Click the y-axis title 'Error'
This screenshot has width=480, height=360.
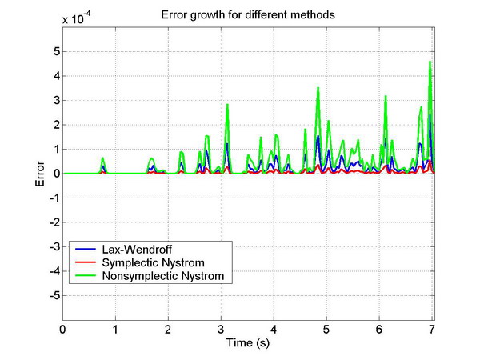pyautogui.click(x=39, y=174)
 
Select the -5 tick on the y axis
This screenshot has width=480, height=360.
pyautogui.click(x=53, y=296)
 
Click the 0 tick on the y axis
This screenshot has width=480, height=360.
pyautogui.click(x=55, y=174)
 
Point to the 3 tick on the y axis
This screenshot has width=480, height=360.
pyautogui.click(x=55, y=100)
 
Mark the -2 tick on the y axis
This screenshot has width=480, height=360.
pyautogui.click(x=53, y=222)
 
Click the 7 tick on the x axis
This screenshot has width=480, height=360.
pyautogui.click(x=433, y=328)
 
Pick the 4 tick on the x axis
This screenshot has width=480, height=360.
pyautogui.click(x=274, y=328)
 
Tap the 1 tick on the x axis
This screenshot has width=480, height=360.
pyautogui.click(x=115, y=328)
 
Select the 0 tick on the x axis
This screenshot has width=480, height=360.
pyautogui.click(x=63, y=328)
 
